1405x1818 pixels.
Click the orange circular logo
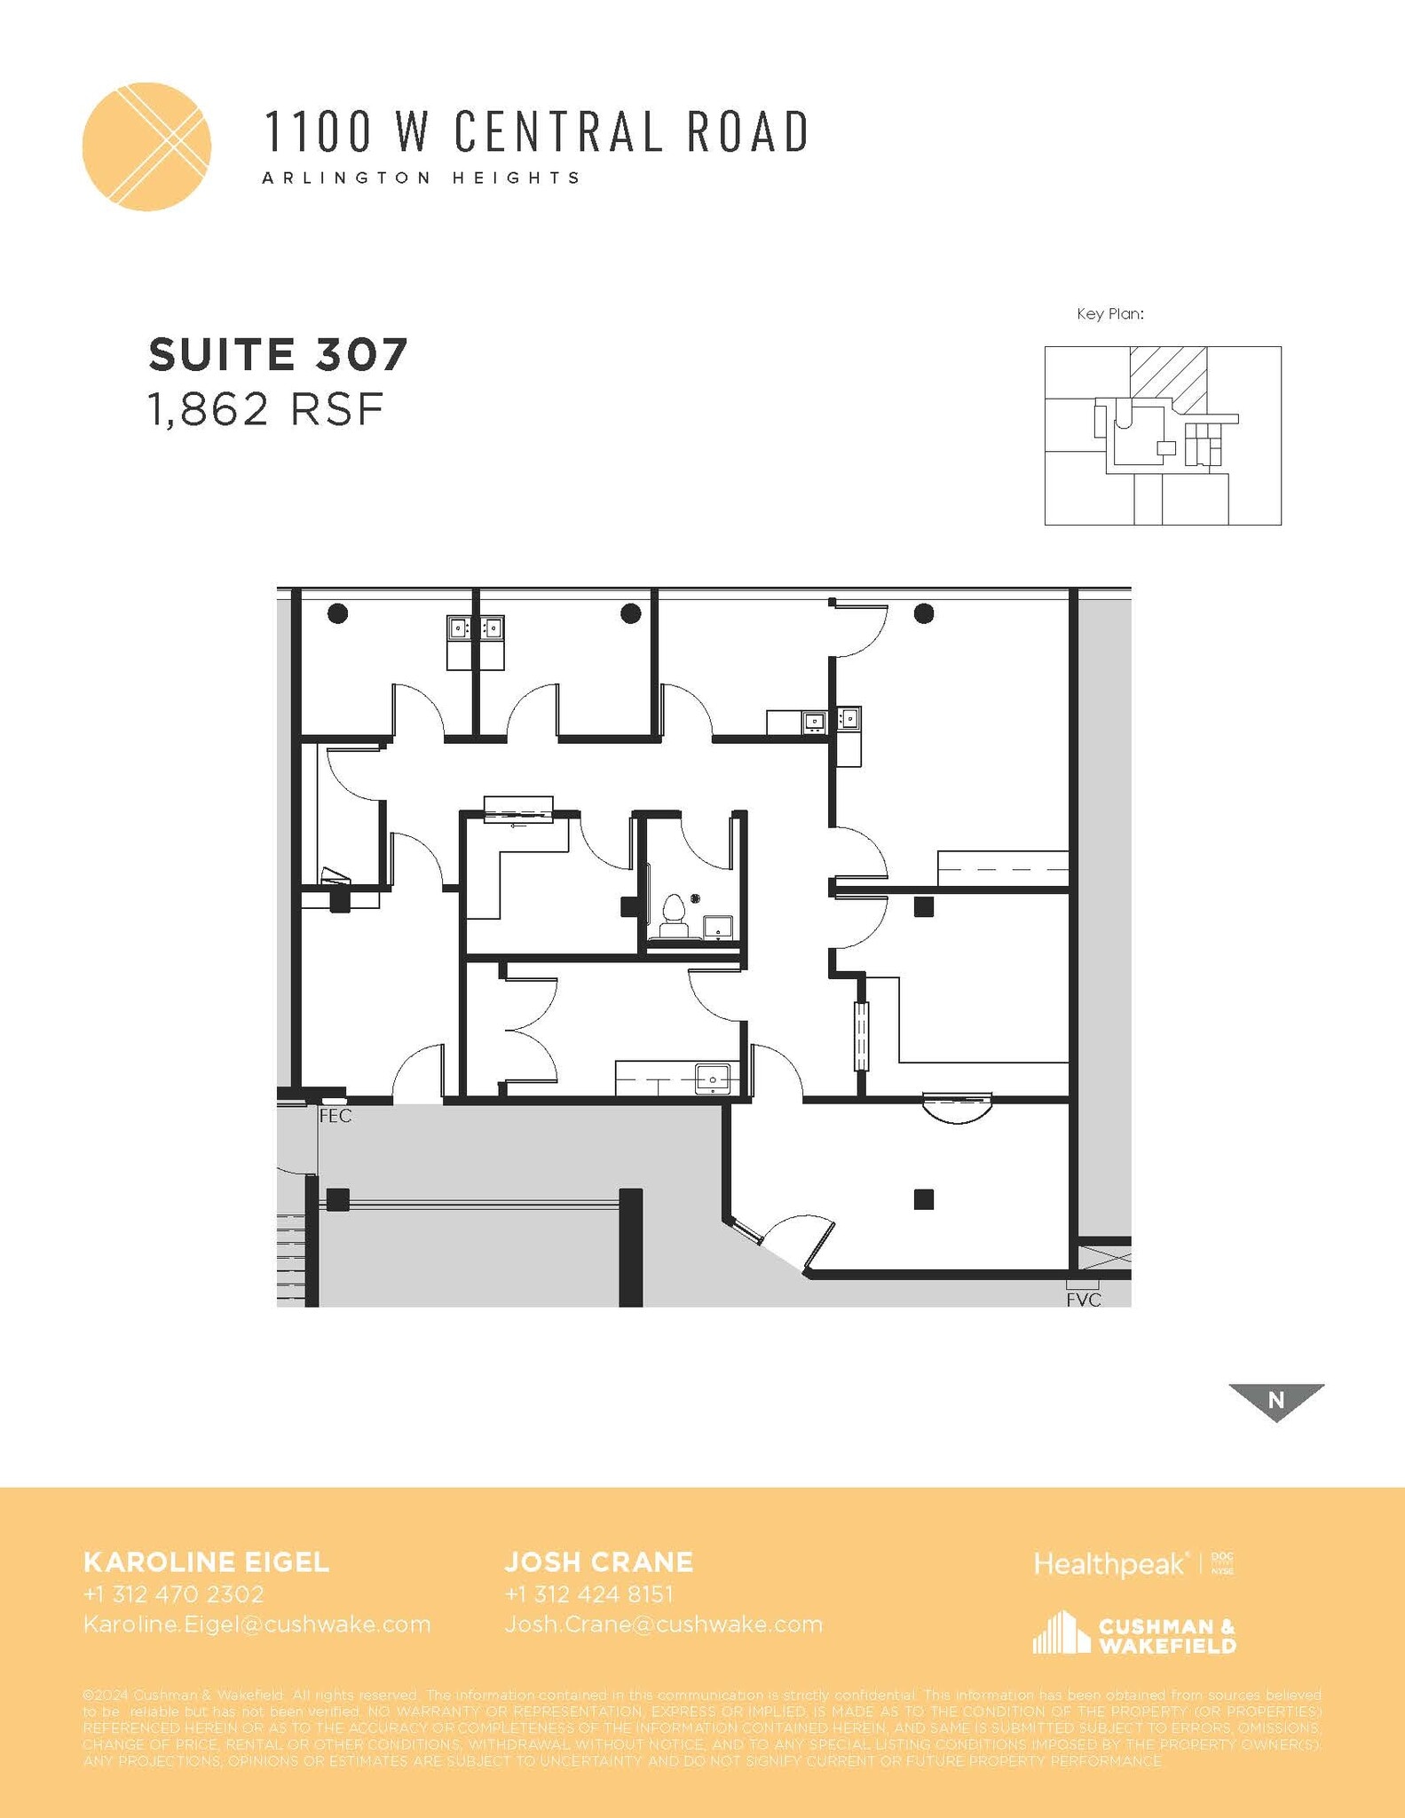(x=146, y=147)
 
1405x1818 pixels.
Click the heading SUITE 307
(x=278, y=354)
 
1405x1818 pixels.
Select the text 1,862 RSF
(x=265, y=410)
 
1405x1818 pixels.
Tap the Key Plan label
(x=1109, y=313)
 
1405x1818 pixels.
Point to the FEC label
(x=335, y=1117)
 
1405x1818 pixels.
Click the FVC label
(x=1084, y=1300)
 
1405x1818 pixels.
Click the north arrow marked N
(x=1276, y=1401)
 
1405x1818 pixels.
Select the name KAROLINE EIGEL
(x=206, y=1561)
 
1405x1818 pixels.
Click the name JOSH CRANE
(x=599, y=1561)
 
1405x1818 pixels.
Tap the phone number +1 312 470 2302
(x=174, y=1593)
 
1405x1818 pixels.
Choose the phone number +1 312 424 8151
(x=588, y=1593)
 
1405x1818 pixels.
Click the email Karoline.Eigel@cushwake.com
(x=257, y=1624)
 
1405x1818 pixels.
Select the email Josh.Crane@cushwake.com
(x=664, y=1624)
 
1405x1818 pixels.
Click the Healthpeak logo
(x=1109, y=1564)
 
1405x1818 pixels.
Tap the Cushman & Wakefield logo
(x=1134, y=1634)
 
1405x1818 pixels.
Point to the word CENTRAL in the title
(x=558, y=131)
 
